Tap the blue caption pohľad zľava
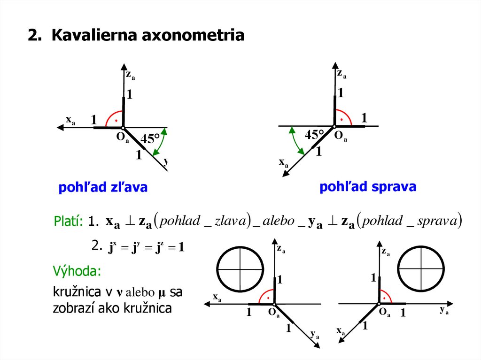click(103, 187)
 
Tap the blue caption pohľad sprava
click(368, 187)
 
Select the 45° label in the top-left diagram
click(150, 139)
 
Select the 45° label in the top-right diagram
click(314, 135)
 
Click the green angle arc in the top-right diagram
click(295, 141)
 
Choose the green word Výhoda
click(77, 272)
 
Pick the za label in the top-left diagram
click(130, 74)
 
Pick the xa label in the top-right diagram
click(283, 162)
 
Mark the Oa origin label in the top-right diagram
click(341, 137)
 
